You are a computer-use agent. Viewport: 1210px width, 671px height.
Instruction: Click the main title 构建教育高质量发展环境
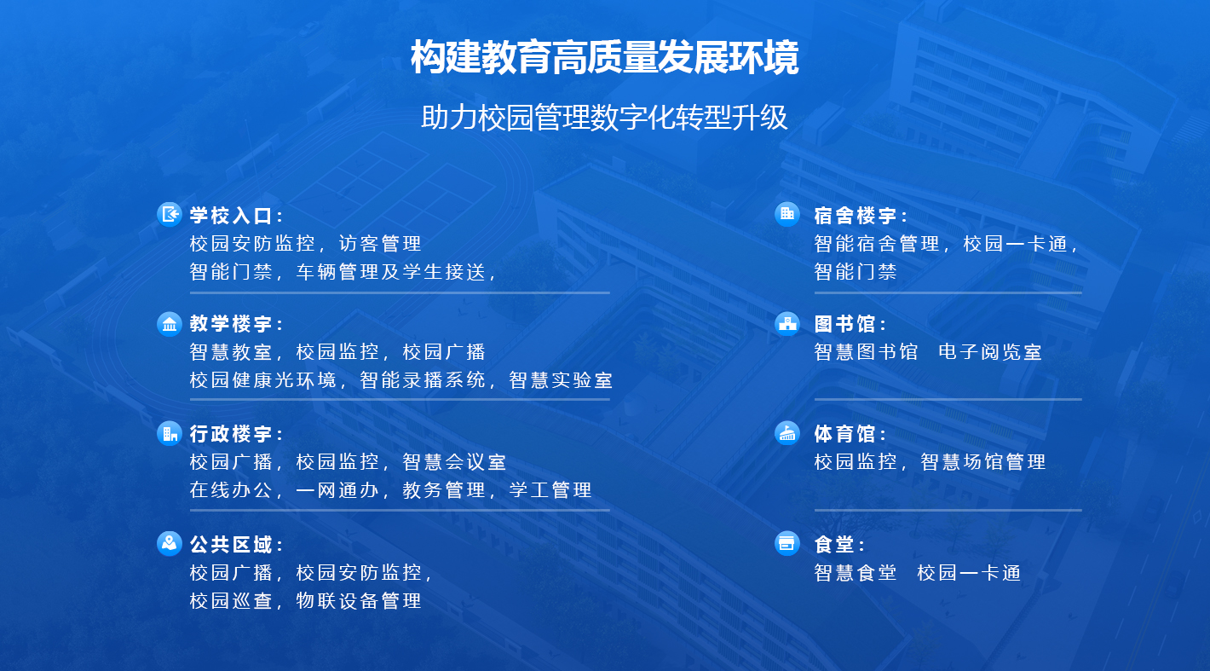[604, 59]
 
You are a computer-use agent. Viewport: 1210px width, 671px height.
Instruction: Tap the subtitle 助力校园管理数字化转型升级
[604, 118]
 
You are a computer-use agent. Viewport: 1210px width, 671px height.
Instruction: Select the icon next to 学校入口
[170, 214]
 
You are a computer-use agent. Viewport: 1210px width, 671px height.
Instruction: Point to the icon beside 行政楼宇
[170, 433]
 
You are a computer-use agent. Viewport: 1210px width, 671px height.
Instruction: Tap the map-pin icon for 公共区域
[170, 543]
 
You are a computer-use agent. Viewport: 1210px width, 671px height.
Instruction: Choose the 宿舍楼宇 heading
[861, 216]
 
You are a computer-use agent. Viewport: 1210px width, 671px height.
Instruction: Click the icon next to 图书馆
[787, 324]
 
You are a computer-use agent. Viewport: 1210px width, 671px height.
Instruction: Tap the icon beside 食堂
[787, 543]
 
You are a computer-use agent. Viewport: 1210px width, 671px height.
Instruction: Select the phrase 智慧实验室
[561, 380]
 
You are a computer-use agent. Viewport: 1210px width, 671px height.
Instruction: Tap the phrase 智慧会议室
[454, 462]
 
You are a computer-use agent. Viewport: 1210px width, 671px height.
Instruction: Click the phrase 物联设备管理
[359, 600]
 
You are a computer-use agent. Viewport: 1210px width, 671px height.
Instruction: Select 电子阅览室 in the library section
[990, 352]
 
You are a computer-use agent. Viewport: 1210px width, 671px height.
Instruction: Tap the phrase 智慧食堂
[856, 573]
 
